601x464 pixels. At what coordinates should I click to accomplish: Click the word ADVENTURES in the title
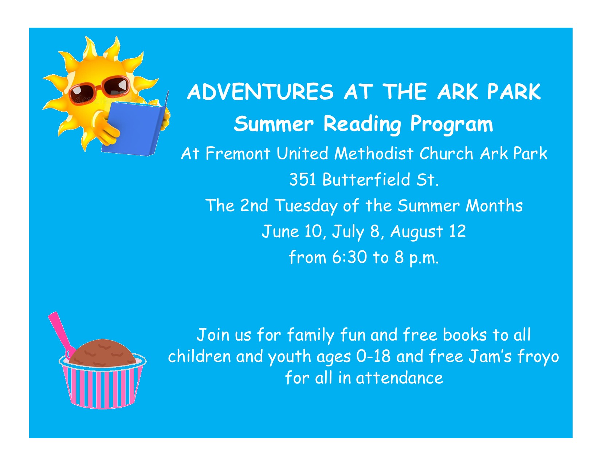click(x=260, y=92)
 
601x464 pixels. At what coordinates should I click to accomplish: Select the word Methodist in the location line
click(x=374, y=153)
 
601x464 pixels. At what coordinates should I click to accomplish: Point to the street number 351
click(x=302, y=179)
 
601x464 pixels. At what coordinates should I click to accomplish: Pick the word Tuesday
click(x=306, y=206)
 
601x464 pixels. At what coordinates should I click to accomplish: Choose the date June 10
click(x=292, y=231)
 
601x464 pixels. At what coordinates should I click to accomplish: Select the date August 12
click(x=428, y=231)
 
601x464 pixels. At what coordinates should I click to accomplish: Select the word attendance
click(x=399, y=378)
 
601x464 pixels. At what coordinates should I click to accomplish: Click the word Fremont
click(x=237, y=153)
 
